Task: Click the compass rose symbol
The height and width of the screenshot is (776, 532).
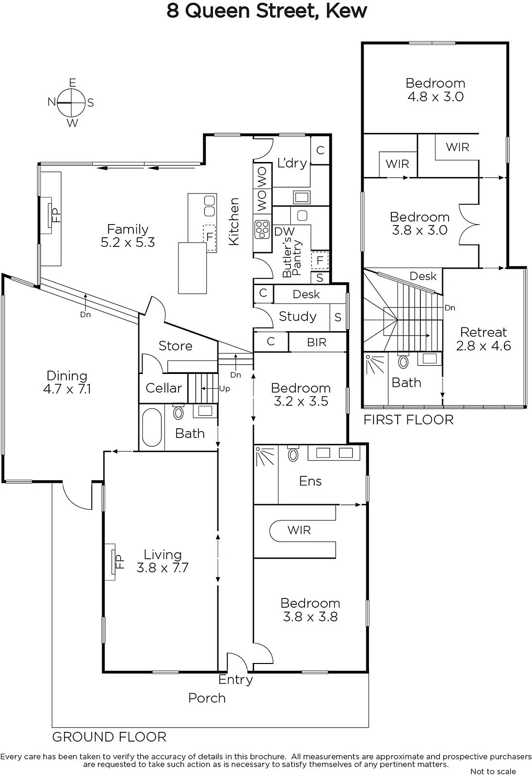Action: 71,103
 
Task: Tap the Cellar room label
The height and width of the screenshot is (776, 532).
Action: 163,388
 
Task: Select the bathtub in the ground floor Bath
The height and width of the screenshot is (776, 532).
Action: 152,427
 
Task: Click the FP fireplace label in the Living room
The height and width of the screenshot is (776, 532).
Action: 119,561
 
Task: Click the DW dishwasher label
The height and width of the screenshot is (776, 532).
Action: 284,231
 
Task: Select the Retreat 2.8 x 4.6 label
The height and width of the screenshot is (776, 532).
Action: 484,339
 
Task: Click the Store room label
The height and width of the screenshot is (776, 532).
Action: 175,346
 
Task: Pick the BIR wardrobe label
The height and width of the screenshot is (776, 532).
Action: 317,342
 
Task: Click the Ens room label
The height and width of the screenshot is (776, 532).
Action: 310,481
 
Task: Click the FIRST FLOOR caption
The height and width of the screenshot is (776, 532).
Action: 408,420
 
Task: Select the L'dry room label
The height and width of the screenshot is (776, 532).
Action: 292,163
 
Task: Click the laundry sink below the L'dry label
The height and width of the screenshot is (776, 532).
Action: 301,197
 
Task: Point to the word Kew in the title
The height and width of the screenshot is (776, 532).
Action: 346,11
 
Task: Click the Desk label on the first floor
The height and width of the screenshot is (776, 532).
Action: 423,276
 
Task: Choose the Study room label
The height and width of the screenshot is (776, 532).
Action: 297,316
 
